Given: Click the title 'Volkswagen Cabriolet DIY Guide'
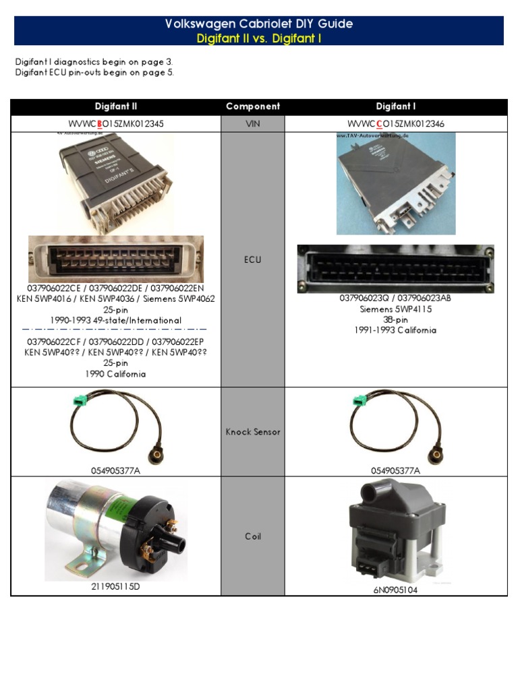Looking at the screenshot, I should click(258, 24).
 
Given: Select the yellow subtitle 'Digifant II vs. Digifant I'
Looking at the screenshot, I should click(258, 38).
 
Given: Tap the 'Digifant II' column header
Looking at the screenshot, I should click(116, 106).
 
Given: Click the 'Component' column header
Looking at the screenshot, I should click(253, 106).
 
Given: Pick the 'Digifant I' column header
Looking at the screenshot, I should click(396, 106).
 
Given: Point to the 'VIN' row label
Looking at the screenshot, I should click(253, 124).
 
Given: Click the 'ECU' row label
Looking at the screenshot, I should click(253, 259).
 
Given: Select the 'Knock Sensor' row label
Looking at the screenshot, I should click(253, 432).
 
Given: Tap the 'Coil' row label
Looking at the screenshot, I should click(253, 536).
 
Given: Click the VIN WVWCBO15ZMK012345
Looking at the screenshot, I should click(116, 124).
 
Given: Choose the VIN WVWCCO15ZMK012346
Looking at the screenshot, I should click(396, 124).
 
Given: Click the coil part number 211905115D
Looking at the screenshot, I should click(116, 587).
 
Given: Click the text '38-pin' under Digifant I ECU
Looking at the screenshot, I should click(396, 319).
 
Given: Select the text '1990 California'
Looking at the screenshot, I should click(116, 374).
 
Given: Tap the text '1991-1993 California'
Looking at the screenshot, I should click(396, 330).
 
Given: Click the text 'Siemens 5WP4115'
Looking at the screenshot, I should click(396, 309).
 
